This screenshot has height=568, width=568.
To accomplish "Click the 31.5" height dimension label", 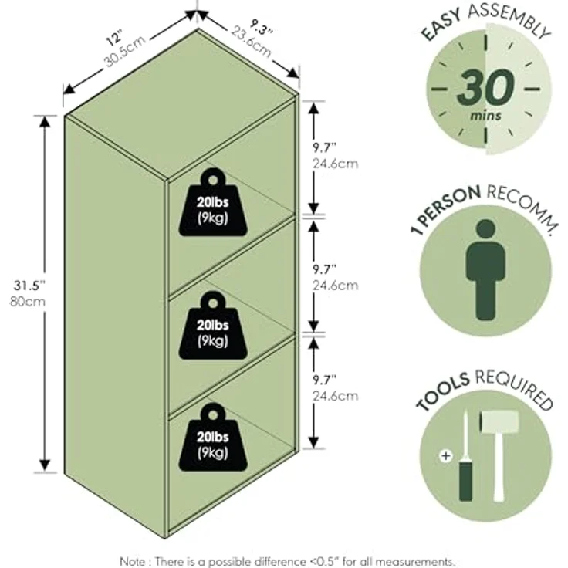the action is click(29, 286).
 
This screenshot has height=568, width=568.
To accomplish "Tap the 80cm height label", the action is click(28, 302).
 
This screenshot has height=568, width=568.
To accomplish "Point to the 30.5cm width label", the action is click(125, 51).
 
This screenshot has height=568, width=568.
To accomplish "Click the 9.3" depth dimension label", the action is click(261, 27).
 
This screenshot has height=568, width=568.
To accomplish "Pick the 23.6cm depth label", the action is click(252, 42).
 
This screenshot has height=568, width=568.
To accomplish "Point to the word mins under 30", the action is click(485, 116).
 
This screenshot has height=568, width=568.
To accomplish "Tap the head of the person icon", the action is click(485, 230).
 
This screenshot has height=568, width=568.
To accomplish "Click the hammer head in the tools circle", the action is click(499, 421).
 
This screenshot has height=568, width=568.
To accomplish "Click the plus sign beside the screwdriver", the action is click(446, 455).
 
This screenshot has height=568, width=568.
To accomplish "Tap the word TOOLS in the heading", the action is click(443, 391).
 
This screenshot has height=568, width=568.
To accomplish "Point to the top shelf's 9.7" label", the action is click(325, 148).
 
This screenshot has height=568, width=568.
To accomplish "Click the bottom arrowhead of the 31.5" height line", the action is click(45, 465).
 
